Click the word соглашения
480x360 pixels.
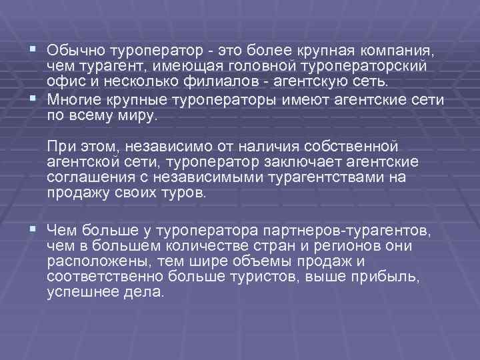click(86, 178)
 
